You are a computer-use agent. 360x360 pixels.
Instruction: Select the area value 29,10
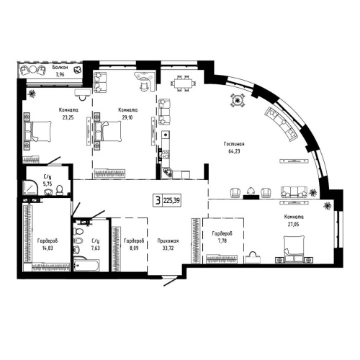pos(127,116)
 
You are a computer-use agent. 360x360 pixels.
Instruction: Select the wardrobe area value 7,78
pos(221,241)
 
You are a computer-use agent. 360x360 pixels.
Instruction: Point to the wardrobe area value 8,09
pos(133,248)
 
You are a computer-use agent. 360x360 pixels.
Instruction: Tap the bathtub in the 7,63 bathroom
pos(91,268)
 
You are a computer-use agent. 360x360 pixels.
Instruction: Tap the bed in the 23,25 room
pos(40,130)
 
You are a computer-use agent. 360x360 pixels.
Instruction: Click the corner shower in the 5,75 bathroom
pos(30,189)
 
